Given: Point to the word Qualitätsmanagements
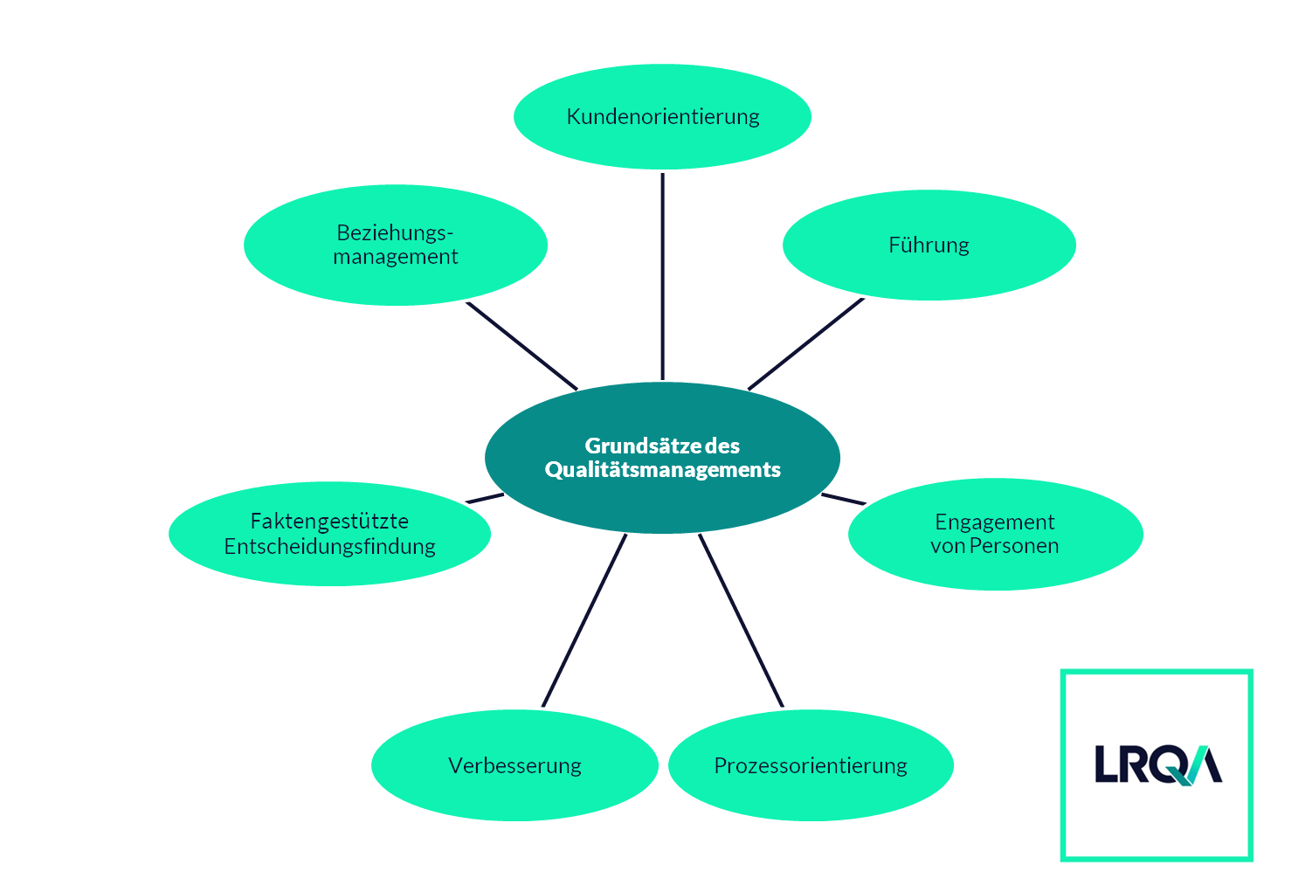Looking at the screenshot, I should [x=662, y=470].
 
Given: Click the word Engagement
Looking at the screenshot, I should [x=994, y=522].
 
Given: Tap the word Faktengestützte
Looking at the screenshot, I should [x=329, y=522].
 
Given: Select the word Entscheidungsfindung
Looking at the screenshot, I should [x=329, y=547].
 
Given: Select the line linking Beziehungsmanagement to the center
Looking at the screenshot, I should [x=521, y=345].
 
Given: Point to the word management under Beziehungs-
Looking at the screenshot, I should [x=396, y=257].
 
